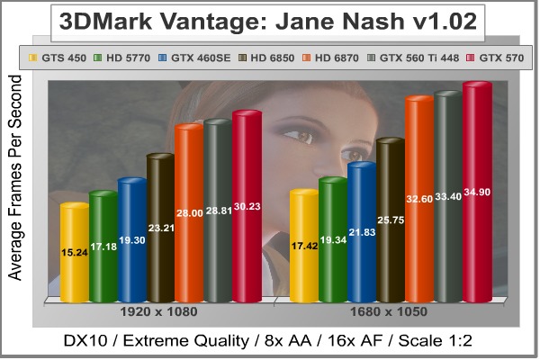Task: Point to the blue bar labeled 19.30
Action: tap(132, 243)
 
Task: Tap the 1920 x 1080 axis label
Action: tap(159, 311)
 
